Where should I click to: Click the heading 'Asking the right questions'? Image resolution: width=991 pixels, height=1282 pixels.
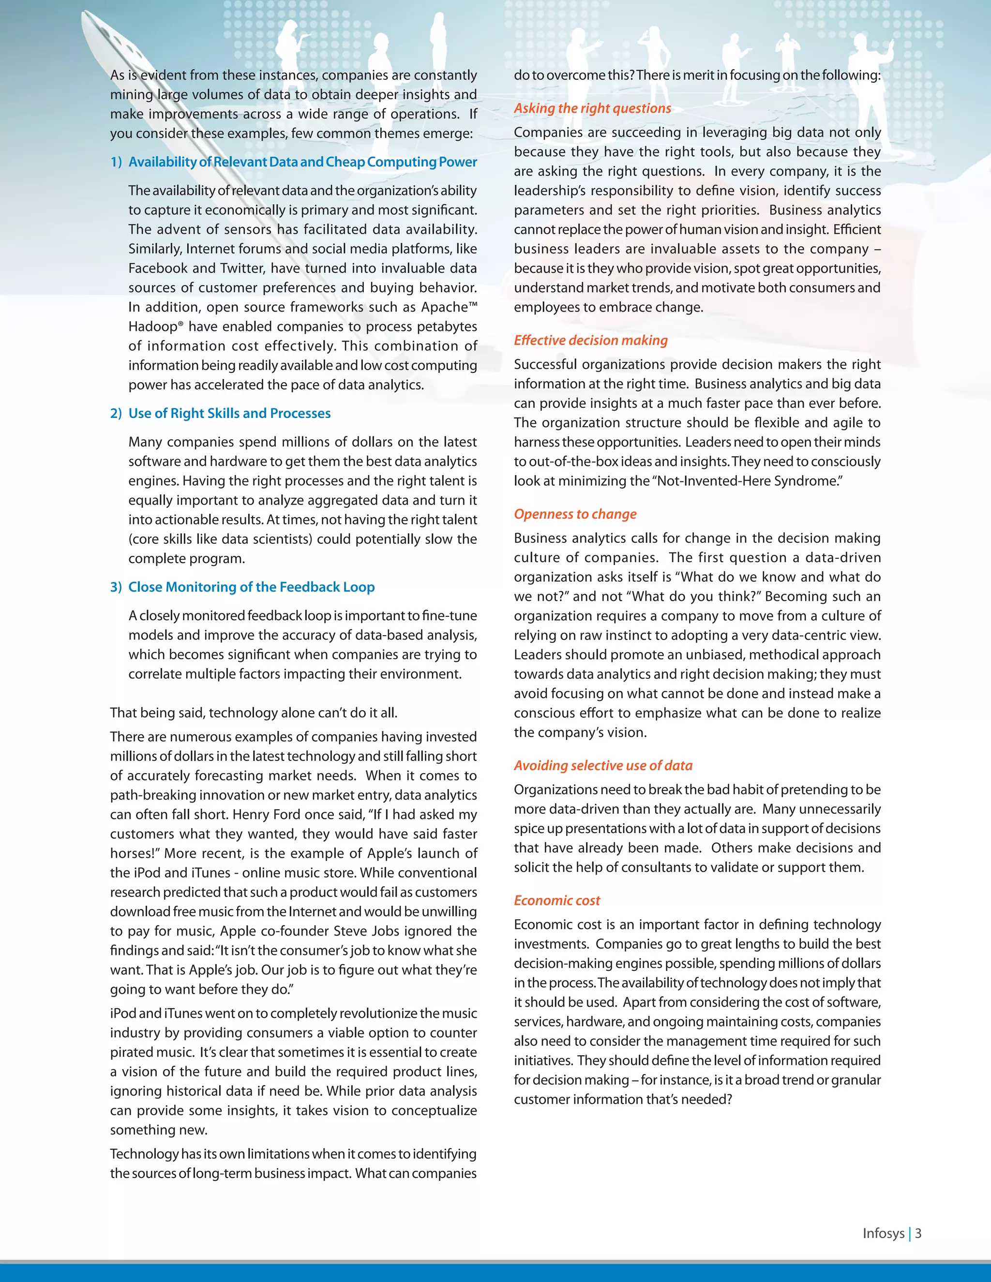pos(592,108)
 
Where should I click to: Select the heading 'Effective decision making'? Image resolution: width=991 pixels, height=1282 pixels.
pos(591,341)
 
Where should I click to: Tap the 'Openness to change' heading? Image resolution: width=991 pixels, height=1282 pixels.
pos(575,514)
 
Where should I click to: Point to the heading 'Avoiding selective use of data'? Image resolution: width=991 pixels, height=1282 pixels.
pos(603,765)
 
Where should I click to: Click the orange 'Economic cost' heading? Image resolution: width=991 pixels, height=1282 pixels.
pos(556,900)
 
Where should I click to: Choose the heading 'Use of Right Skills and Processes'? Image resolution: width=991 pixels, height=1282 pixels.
pos(229,413)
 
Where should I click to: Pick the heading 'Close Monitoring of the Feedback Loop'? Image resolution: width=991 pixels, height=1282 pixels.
pos(251,587)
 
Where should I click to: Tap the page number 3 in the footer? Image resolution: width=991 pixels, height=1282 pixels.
pos(918,1233)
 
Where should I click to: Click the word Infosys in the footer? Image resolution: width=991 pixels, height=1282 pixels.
pos(883,1233)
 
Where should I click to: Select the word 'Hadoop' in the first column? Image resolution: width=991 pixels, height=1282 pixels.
pos(152,327)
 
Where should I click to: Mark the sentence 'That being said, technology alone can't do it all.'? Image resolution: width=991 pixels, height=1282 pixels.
pos(254,713)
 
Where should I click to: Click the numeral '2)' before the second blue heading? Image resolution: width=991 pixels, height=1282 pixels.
pos(116,413)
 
